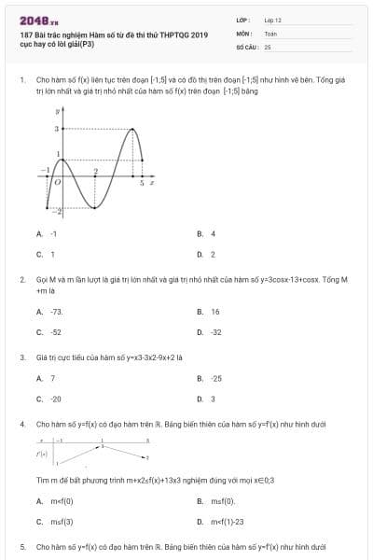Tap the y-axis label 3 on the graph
pos(56,129)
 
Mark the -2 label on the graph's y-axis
pos(55,214)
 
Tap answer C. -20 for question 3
pos(49,399)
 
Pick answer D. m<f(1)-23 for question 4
pos(221,523)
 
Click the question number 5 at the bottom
pos(21,546)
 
